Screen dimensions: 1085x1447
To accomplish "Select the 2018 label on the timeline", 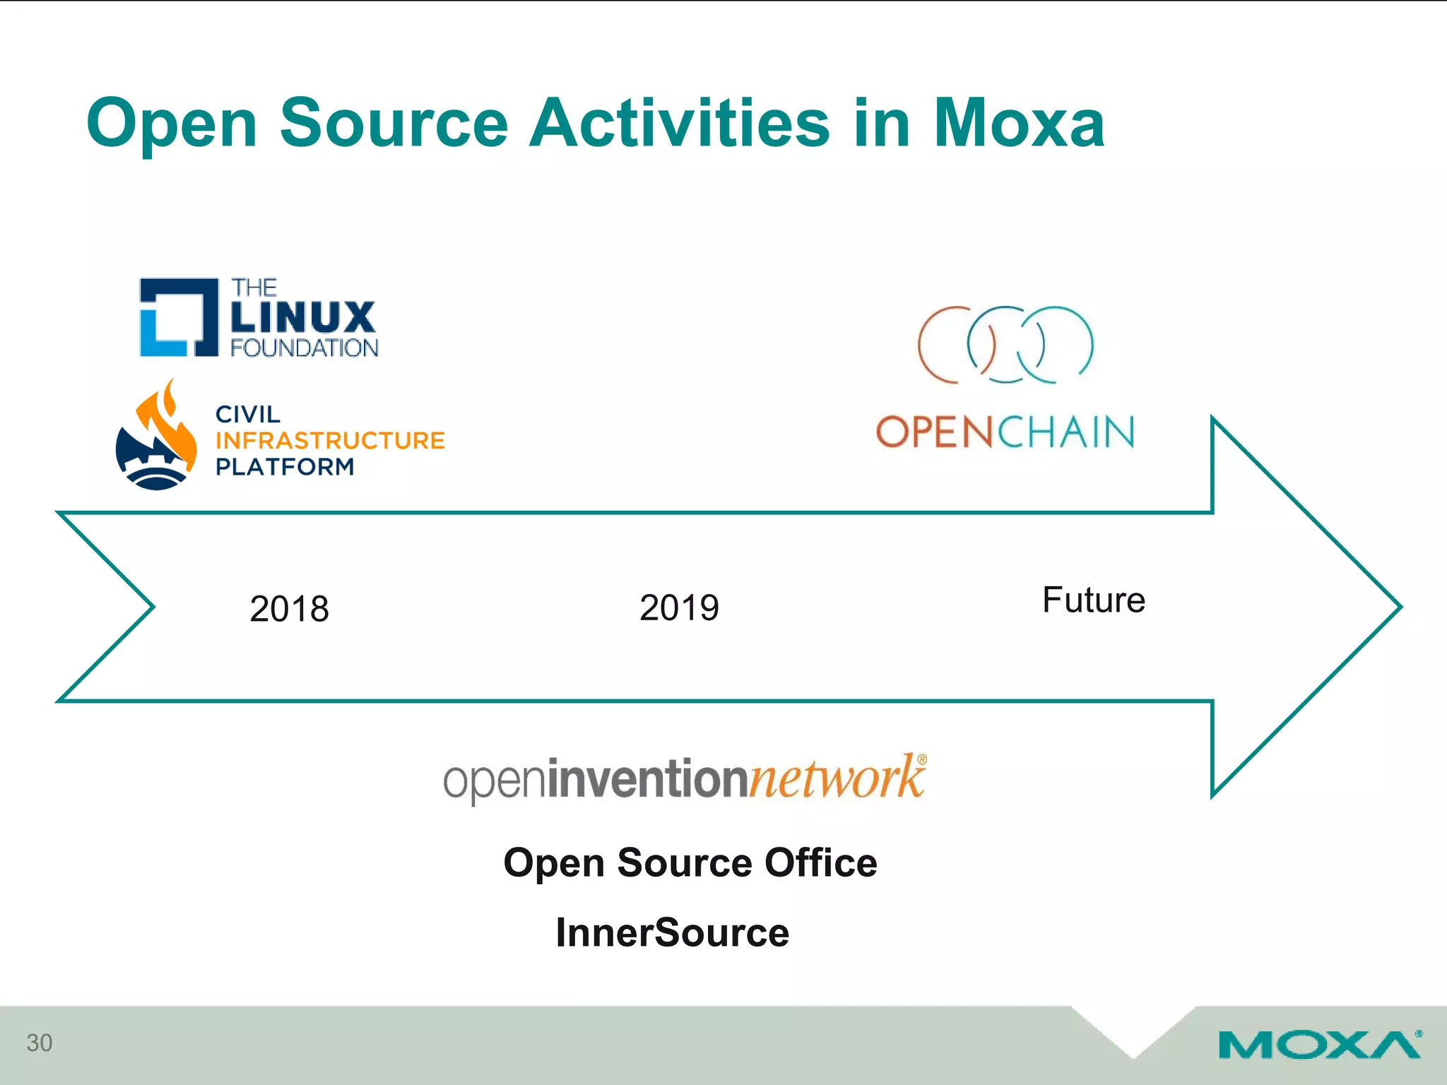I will pyautogui.click(x=289, y=609).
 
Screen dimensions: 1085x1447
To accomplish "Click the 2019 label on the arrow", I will pyautogui.click(x=679, y=607).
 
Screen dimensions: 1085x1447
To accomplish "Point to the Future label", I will pyautogui.click(x=1093, y=600).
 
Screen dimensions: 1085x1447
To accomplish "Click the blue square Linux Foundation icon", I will pyautogui.click(x=178, y=317).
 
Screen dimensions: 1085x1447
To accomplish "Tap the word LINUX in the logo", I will pyautogui.click(x=303, y=317).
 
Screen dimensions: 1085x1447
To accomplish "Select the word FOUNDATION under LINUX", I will pyautogui.click(x=304, y=348).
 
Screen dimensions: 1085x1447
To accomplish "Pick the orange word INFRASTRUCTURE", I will pyautogui.click(x=330, y=441).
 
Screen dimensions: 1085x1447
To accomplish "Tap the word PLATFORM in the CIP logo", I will pyautogui.click(x=285, y=467).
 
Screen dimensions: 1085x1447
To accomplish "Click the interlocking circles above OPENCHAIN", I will pyautogui.click(x=1005, y=345).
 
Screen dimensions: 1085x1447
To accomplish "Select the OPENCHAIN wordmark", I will pyautogui.click(x=1005, y=432).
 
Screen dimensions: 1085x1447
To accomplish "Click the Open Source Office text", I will pyautogui.click(x=690, y=862).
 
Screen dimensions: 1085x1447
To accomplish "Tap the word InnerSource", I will pyautogui.click(x=672, y=932).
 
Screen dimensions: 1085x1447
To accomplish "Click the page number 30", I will pyautogui.click(x=40, y=1043).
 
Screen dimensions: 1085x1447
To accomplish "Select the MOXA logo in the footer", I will pyautogui.click(x=1319, y=1045).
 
